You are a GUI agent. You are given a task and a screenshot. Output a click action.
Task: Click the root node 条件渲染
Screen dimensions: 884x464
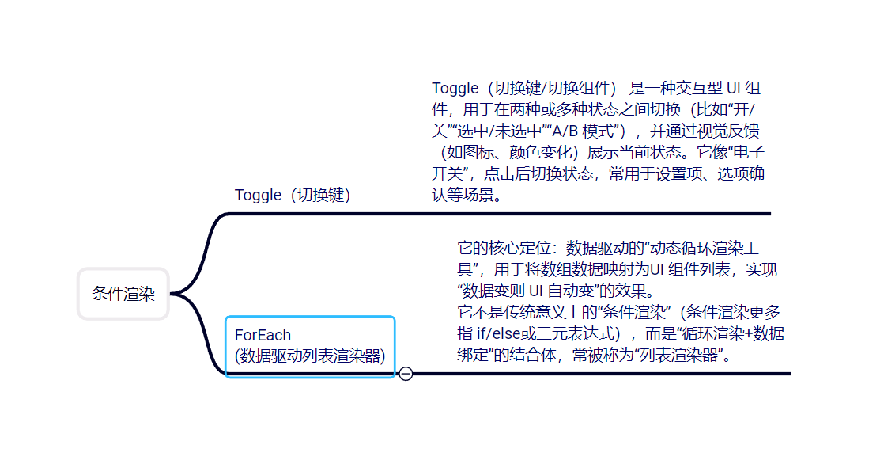click(x=123, y=295)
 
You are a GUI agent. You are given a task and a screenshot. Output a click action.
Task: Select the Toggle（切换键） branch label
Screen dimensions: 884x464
click(x=293, y=195)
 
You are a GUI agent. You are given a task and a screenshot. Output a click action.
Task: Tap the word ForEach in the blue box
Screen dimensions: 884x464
click(x=263, y=335)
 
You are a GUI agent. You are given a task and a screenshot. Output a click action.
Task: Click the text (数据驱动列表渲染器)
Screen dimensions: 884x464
click(x=310, y=356)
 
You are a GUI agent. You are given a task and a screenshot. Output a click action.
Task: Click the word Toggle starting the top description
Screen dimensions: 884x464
click(x=455, y=88)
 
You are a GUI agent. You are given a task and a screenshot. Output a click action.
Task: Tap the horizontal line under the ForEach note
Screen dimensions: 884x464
click(x=601, y=374)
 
